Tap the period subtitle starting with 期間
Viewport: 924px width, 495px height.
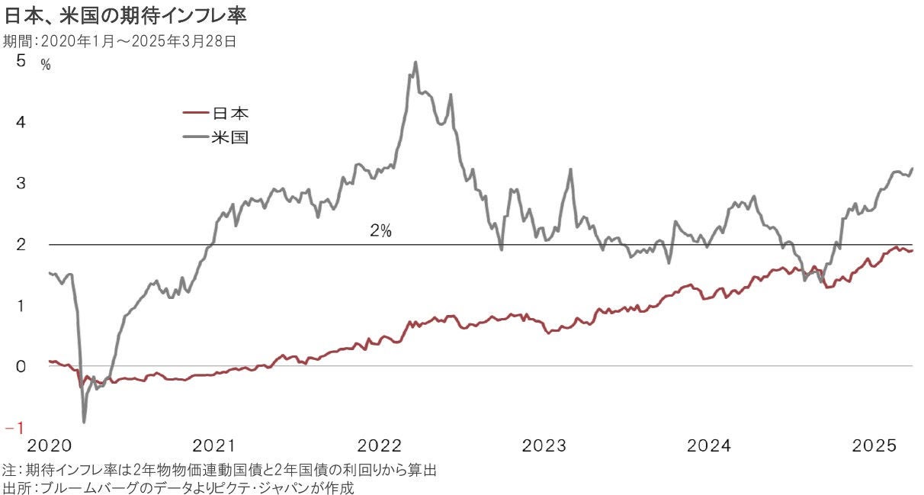click(120, 41)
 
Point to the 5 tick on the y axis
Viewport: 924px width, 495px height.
click(21, 61)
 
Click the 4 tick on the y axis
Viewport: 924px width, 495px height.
click(21, 122)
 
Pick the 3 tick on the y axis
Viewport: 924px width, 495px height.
click(21, 183)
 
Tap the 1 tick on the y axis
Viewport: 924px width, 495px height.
click(21, 305)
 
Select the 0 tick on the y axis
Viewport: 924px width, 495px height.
click(21, 366)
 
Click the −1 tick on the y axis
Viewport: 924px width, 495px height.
click(16, 427)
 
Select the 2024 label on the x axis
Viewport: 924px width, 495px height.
click(709, 445)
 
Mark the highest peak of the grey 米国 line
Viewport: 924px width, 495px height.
click(415, 63)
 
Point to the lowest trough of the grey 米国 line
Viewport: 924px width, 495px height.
click(83, 422)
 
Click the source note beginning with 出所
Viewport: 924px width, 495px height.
click(179, 487)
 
